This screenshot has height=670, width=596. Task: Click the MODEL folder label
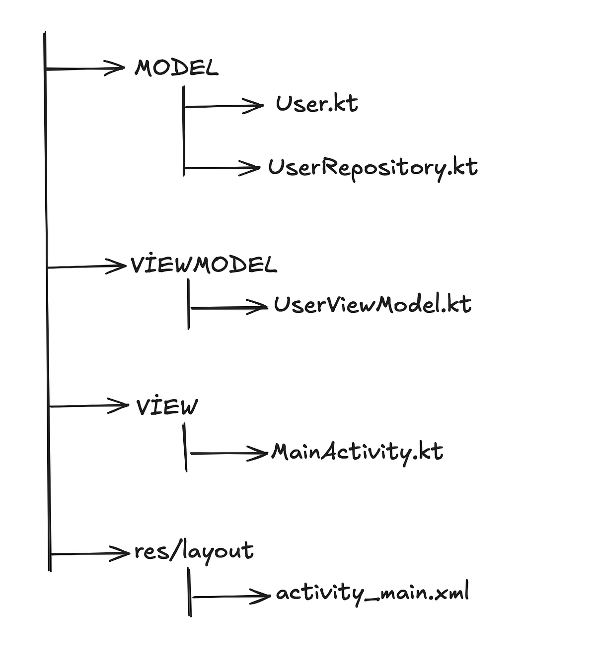[x=176, y=68]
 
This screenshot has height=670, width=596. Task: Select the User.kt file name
[x=317, y=104]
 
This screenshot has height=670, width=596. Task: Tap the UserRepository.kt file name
[x=372, y=168]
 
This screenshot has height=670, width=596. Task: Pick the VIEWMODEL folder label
[x=204, y=265]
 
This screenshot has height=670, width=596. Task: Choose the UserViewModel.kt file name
[x=372, y=304]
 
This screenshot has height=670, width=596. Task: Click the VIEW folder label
[x=167, y=407]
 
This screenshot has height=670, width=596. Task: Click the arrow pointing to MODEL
[x=84, y=68]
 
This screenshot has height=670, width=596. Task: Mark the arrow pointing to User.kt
[x=223, y=106]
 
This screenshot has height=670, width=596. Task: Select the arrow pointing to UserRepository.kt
[x=222, y=168]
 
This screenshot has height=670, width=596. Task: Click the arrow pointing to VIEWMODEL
[x=86, y=267]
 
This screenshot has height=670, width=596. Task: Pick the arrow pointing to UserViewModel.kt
[x=228, y=308]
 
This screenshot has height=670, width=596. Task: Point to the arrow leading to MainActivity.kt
[x=228, y=453]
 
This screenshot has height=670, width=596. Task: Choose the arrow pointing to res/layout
[x=89, y=553]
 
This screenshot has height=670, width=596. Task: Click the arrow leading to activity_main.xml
[x=231, y=596]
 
